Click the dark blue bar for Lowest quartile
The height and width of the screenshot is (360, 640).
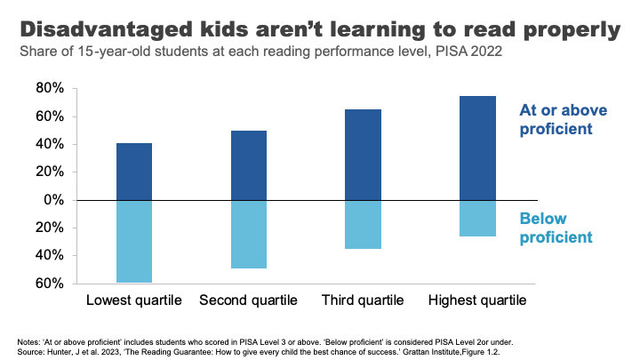134,172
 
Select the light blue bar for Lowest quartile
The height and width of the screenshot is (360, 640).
134,241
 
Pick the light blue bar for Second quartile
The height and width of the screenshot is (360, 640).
249,234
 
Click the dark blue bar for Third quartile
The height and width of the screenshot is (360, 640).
364,155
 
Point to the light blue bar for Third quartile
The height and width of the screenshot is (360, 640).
364,224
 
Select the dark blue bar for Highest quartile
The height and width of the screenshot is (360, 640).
478,148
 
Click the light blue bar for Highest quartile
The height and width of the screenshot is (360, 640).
478,218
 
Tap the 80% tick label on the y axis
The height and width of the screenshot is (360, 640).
49,88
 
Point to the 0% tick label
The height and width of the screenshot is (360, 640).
52,200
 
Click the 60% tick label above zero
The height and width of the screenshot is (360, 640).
49,116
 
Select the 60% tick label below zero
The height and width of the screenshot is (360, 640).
49,284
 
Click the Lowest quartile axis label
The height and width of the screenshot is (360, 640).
134,300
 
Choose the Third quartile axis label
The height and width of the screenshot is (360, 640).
364,300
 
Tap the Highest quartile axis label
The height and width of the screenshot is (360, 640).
478,300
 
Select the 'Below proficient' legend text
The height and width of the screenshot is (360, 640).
554,228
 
